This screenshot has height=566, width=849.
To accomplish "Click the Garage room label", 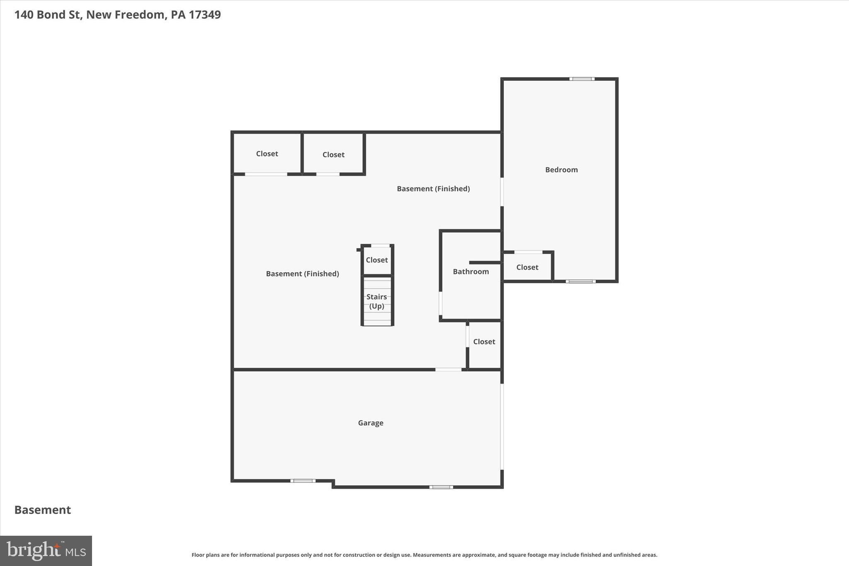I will [x=371, y=423].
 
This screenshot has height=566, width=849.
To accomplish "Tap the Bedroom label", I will [x=561, y=170].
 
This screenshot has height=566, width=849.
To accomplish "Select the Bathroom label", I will [x=471, y=272].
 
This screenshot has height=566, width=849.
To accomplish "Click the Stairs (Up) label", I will [x=376, y=301].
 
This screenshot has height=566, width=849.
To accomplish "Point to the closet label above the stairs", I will [x=376, y=260].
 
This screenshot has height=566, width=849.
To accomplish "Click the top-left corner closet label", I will [x=267, y=154].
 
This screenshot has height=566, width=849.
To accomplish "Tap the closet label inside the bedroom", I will [x=527, y=267].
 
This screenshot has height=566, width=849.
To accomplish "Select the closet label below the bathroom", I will [x=484, y=342].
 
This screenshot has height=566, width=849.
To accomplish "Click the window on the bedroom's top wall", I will [x=582, y=79].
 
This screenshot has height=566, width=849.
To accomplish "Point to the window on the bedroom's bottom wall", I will [x=580, y=282].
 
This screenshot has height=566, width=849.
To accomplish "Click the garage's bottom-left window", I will [x=303, y=481].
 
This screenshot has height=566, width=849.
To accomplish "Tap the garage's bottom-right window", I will [x=441, y=487].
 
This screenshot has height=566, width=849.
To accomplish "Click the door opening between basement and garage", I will [x=448, y=369].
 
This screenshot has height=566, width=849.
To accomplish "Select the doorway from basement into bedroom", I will [x=502, y=192].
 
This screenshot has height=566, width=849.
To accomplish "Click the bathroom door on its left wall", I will [x=440, y=304].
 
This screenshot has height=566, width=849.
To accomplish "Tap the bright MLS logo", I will [x=46, y=551].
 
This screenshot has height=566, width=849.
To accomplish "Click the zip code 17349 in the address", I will [x=205, y=15].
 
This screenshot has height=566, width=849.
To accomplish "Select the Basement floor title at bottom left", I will [x=43, y=510].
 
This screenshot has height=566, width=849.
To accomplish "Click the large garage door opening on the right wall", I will [x=502, y=426].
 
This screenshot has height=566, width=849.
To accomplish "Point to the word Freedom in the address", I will [x=140, y=15].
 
